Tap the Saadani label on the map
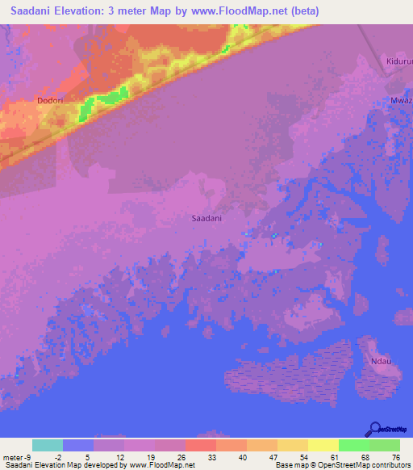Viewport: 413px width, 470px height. click(x=207, y=218)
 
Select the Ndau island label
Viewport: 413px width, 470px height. click(x=380, y=361)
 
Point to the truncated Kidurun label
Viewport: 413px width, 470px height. click(x=398, y=61)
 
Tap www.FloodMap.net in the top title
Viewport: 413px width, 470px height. click(x=244, y=11)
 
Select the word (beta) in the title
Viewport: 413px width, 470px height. click(x=305, y=11)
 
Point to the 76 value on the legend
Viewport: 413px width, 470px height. click(x=395, y=456)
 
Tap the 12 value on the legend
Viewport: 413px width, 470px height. click(x=120, y=456)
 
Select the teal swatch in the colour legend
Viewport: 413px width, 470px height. click(x=48, y=445)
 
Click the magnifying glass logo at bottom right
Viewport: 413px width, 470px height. click(x=375, y=429)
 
